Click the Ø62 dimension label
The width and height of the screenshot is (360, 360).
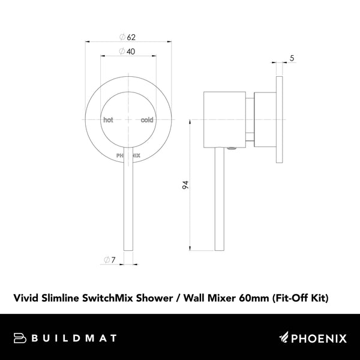point(127,38)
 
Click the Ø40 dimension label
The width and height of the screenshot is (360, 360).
point(127,51)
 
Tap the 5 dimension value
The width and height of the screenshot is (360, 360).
point(291,58)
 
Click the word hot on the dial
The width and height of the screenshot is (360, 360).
point(108,120)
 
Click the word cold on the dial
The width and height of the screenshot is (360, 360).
point(147,120)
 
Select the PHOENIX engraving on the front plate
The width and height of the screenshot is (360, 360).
point(128,155)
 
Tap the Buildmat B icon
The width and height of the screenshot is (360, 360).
point(20,338)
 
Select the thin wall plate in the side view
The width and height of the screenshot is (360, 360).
point(280,119)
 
